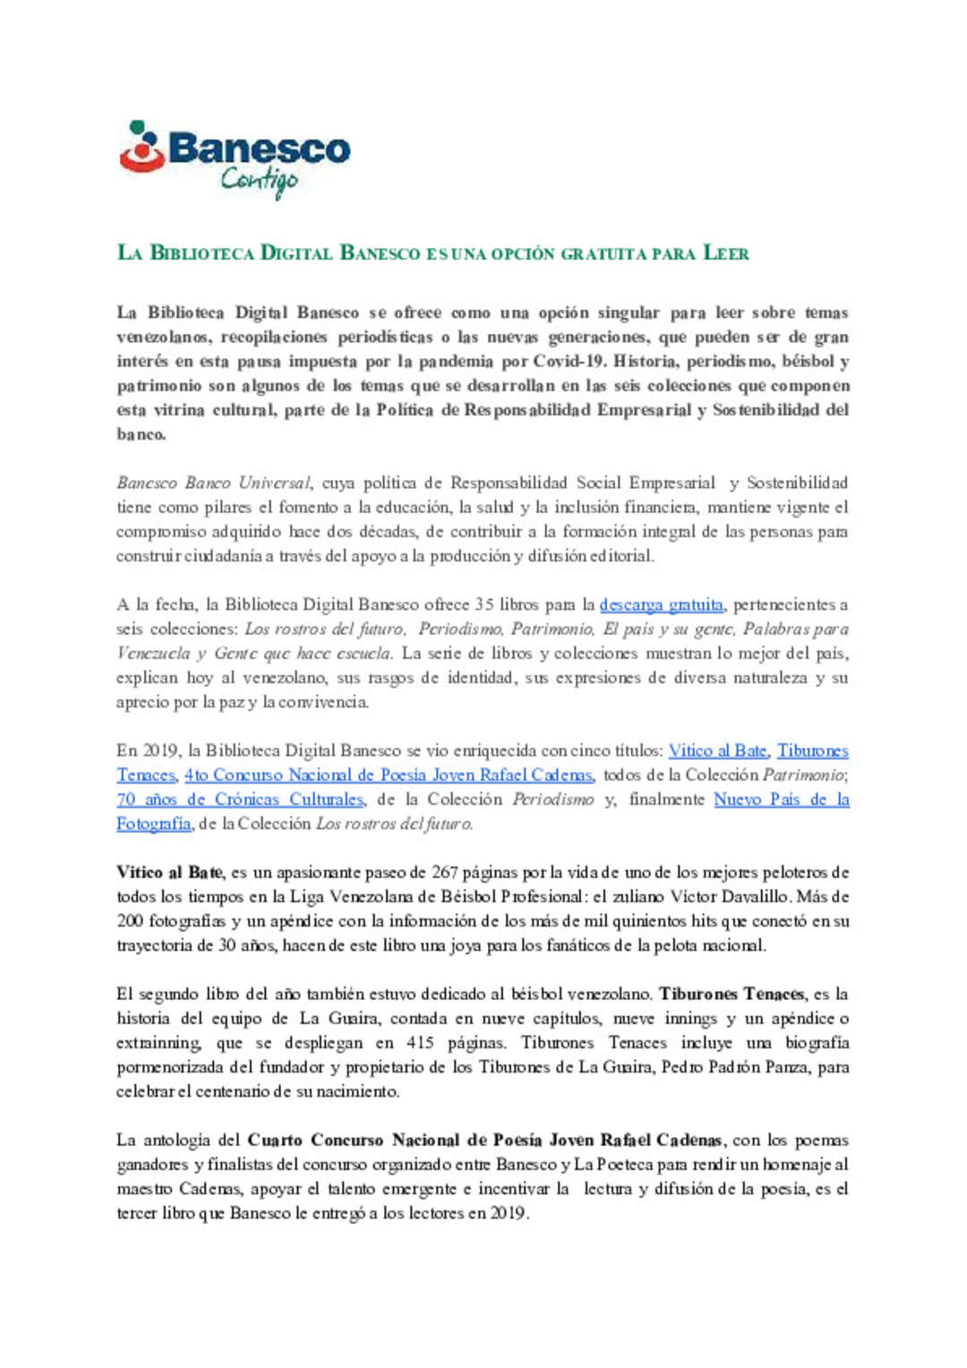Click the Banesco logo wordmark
click(259, 149)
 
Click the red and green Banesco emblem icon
click(141, 148)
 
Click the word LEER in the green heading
click(726, 253)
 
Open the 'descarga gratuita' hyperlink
click(661, 604)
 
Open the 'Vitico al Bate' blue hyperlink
click(717, 750)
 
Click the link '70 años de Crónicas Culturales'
click(240, 799)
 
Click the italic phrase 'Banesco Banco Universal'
click(213, 483)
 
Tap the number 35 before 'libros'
click(484, 604)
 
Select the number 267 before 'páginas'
click(445, 872)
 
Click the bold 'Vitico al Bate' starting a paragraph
click(169, 872)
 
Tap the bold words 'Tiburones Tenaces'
click(732, 994)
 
